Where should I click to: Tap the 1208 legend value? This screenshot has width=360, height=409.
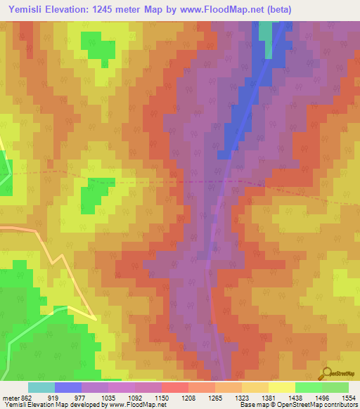[x=188, y=397]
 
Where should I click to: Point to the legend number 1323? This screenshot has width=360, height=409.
[x=241, y=397]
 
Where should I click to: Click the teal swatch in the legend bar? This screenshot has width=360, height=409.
[x=41, y=387]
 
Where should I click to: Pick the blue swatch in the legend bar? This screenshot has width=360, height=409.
[x=68, y=387]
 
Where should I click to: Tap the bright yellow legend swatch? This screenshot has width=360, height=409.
[x=282, y=387]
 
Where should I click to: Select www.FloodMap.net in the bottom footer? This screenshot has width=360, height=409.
[x=143, y=405]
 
